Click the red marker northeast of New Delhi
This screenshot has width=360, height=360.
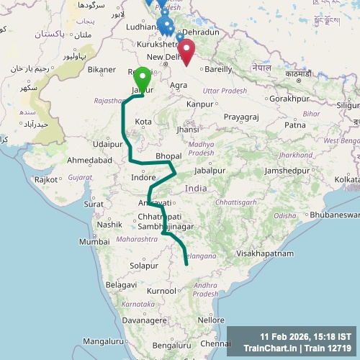[186, 51]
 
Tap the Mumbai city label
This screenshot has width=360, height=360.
[94, 242]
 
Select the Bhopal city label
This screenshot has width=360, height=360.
[168, 156]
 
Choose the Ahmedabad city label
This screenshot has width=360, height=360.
[89, 161]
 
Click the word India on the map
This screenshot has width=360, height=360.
[196, 188]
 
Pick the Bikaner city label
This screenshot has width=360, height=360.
[102, 70]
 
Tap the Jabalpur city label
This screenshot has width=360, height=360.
[210, 171]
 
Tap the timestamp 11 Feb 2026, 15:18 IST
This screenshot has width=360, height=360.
[306, 336]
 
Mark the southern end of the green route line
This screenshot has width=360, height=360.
[186, 264]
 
